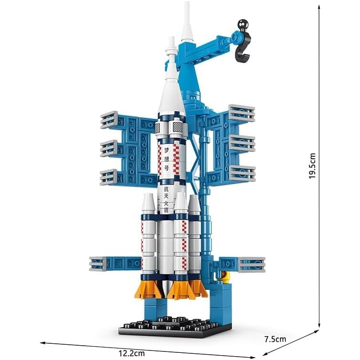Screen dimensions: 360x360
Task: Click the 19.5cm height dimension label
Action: pos(312,166)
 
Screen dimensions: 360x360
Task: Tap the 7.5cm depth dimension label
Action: pos(275,339)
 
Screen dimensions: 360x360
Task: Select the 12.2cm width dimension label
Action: pos(132,353)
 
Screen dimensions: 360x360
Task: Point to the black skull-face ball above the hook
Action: pos(243,24)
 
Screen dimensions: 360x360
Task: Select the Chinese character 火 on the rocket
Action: pos(166,204)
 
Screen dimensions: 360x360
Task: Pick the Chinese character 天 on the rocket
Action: pos(166,197)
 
